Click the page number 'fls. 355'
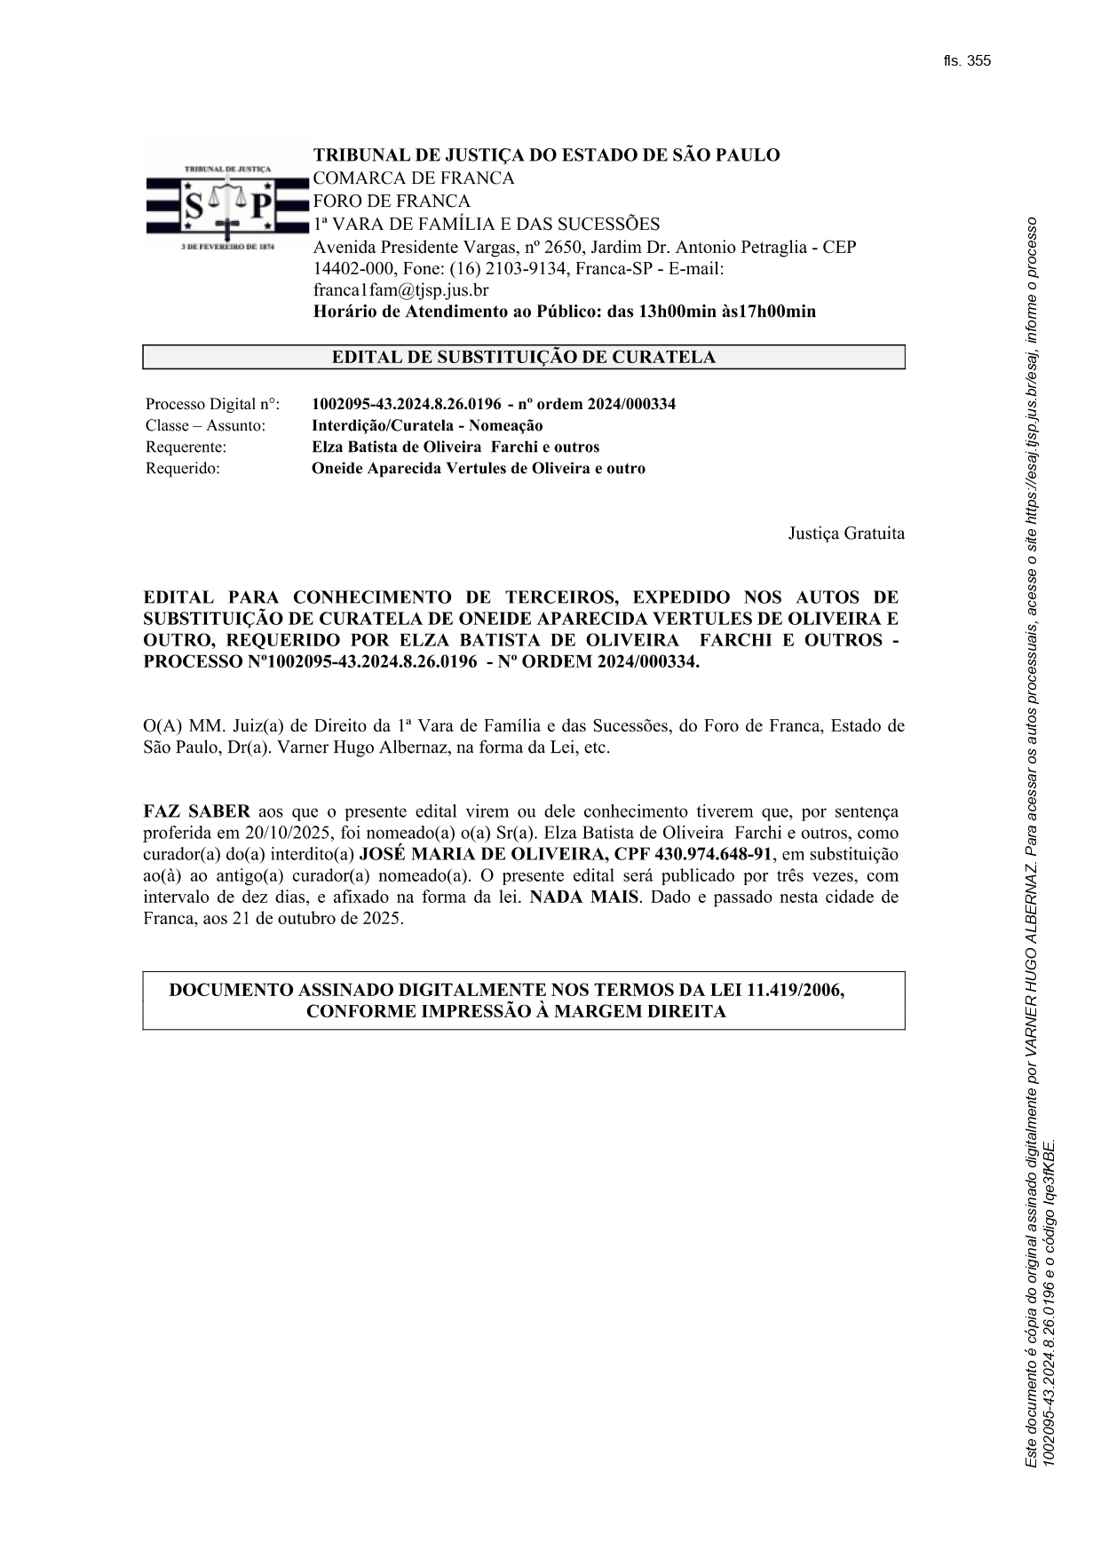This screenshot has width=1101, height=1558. pyautogui.click(x=967, y=61)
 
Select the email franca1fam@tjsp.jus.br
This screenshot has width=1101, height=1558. pyautogui.click(x=400, y=290)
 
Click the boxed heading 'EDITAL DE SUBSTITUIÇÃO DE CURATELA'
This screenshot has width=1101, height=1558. pyautogui.click(x=523, y=358)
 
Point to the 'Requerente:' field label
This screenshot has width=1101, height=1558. pyautogui.click(x=186, y=447)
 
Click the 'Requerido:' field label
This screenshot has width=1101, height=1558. pyautogui.click(x=183, y=469)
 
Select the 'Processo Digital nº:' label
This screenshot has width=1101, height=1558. pyautogui.click(x=212, y=405)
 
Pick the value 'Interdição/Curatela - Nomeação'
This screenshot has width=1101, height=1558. pyautogui.click(x=427, y=426)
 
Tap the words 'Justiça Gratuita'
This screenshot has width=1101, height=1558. pyautogui.click(x=846, y=534)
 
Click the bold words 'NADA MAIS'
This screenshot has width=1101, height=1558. pyautogui.click(x=583, y=898)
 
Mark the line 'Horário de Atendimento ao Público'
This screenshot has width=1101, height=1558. pyautogui.click(x=564, y=312)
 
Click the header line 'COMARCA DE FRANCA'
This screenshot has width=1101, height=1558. pyautogui.click(x=413, y=178)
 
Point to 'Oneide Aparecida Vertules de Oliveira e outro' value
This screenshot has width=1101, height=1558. pyautogui.click(x=479, y=469)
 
